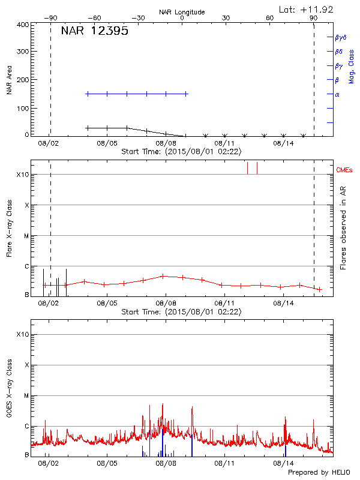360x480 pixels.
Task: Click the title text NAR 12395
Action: coord(95,32)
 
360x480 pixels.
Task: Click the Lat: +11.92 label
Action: coord(306,9)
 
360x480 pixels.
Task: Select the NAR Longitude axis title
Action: coord(182,12)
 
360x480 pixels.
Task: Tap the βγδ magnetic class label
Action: coord(341,37)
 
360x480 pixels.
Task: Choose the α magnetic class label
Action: coord(337,94)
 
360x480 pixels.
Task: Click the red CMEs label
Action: coord(344,170)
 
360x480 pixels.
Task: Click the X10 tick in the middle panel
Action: coord(22,175)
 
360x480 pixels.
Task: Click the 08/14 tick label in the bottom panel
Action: coord(284,463)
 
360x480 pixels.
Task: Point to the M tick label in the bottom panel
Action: coord(26,396)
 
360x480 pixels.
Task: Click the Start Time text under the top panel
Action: coord(181,152)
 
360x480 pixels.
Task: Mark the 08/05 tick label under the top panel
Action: coord(107,144)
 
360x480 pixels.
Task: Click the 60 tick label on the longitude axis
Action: coord(270,18)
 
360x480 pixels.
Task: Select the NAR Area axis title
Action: coord(10,80)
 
